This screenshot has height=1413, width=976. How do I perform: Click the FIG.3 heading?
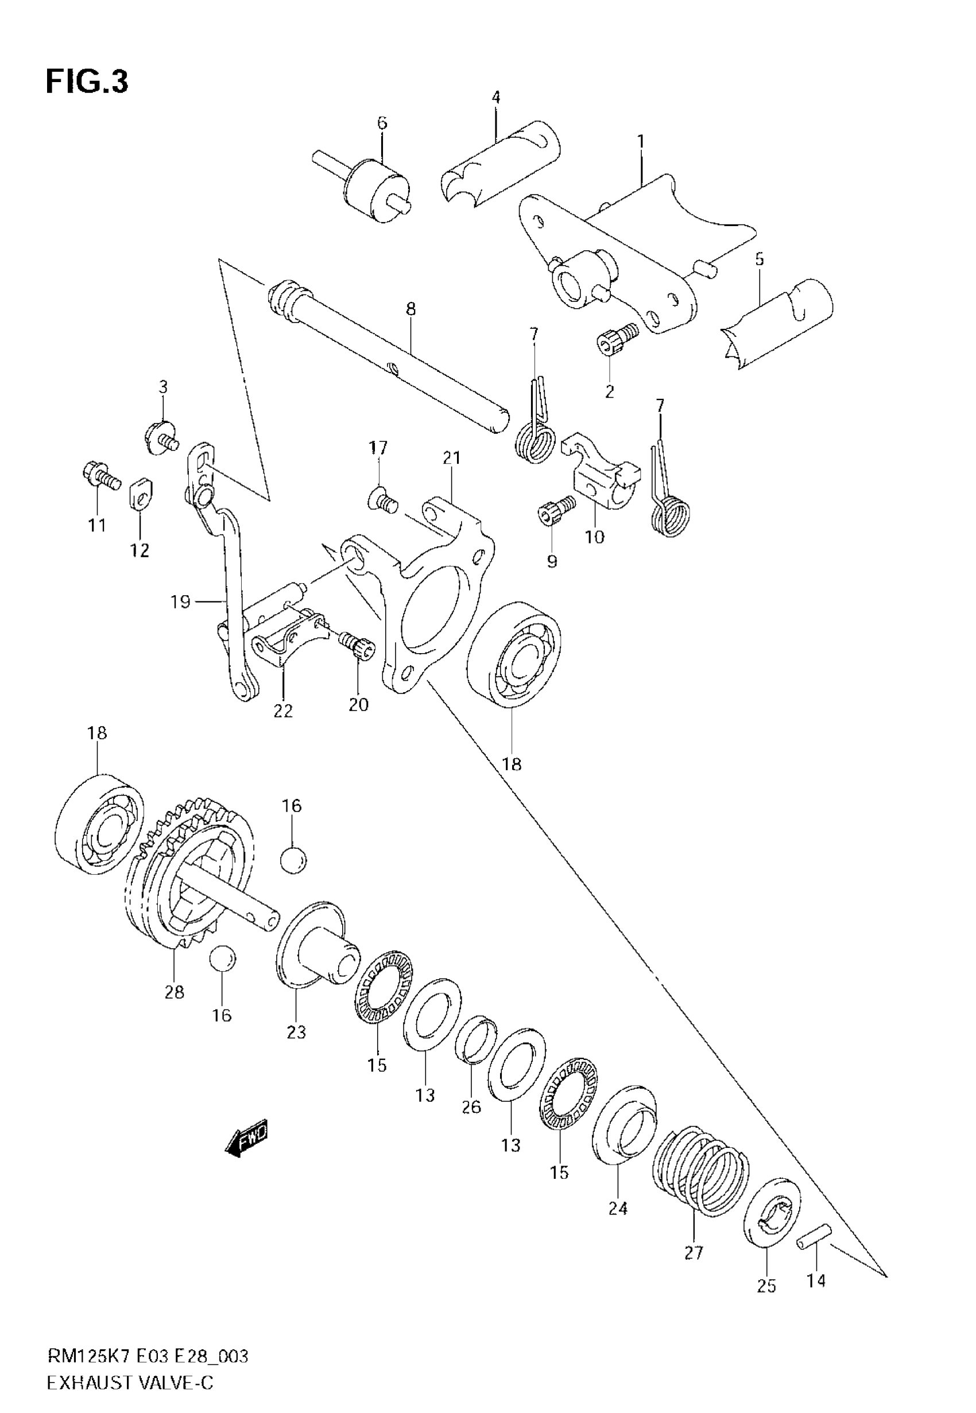87,82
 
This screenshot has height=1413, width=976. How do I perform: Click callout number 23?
296,1032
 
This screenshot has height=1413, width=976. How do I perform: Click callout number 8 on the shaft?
410,309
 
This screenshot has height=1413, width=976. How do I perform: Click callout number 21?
451,457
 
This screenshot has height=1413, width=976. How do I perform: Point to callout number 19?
181,602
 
